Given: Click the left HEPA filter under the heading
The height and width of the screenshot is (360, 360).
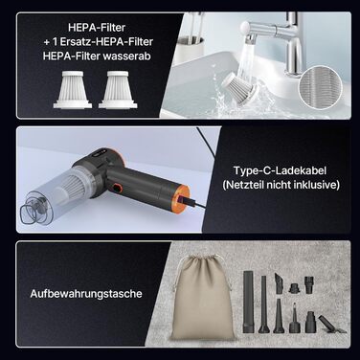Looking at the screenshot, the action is [73, 90].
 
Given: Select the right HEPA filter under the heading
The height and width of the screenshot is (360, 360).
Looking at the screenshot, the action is [118, 90].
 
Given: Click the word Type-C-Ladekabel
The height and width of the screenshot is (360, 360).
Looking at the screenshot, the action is [280, 170].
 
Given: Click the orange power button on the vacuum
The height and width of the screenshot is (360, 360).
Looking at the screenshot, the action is [118, 187].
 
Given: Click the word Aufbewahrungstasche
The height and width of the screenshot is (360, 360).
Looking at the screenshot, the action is [86, 294].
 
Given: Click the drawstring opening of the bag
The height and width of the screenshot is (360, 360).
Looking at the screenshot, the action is [202, 258].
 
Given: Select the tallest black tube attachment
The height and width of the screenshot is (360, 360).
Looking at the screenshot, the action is [248, 302].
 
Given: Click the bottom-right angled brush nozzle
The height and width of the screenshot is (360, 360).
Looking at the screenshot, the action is [330, 324].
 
